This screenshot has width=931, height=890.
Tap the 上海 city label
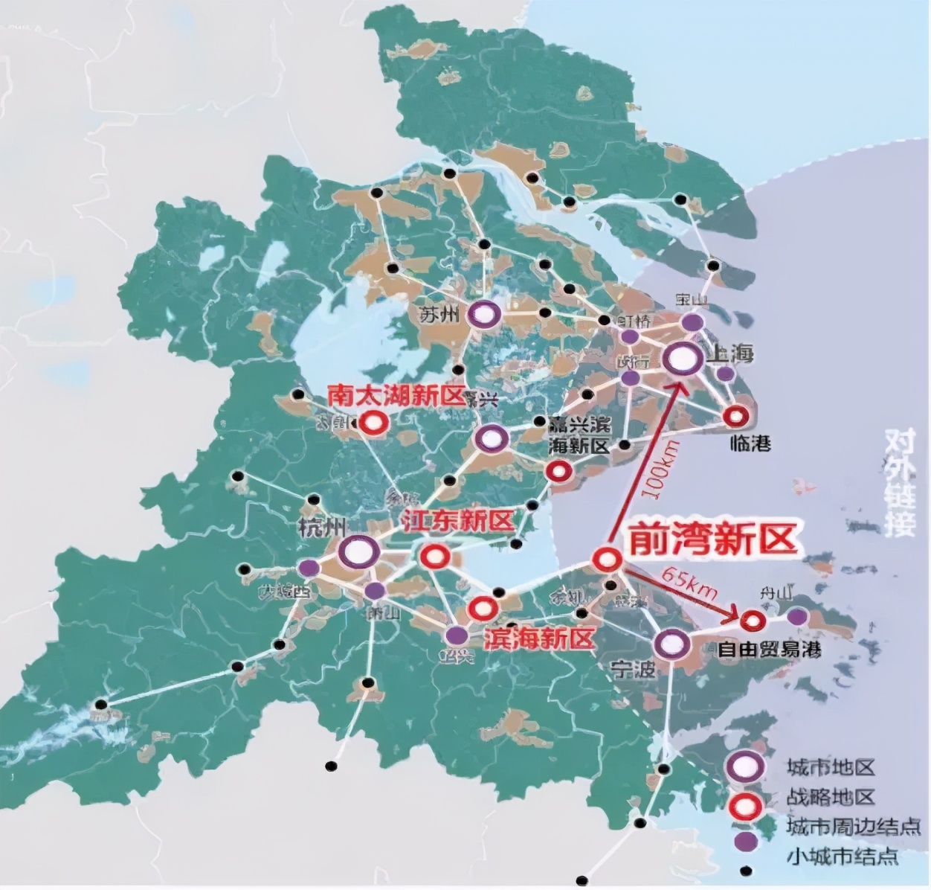tap(731, 353)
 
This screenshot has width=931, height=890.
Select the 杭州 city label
tap(321, 528)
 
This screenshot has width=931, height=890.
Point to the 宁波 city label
tap(634, 668)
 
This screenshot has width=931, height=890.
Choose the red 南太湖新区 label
tap(396, 396)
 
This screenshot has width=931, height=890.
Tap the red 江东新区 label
tap(458, 521)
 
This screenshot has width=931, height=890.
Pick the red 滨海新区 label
tap(540, 638)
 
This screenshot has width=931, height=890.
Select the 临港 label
tap(750, 444)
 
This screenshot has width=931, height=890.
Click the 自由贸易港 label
tap(769, 649)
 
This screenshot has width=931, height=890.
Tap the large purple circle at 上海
tap(683, 359)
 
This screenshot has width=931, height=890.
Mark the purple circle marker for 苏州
tap(484, 316)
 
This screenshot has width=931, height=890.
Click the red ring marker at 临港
tap(736, 417)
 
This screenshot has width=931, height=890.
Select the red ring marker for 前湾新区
tap(607, 559)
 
